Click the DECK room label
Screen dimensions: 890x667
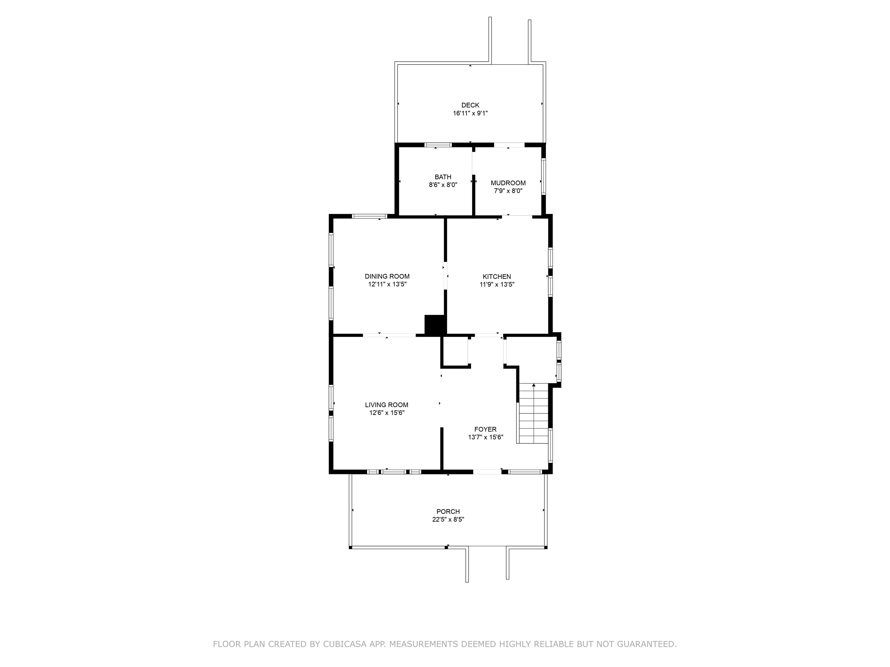pyautogui.click(x=470, y=105)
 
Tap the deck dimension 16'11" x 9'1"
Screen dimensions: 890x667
pyautogui.click(x=470, y=113)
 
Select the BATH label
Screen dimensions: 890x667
pyautogui.click(x=443, y=177)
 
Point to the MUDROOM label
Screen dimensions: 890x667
pyautogui.click(x=508, y=183)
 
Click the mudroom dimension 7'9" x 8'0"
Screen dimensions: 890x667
pyautogui.click(x=508, y=191)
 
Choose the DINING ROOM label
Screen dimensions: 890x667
pyautogui.click(x=387, y=276)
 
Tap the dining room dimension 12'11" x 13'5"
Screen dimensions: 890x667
pyautogui.click(x=387, y=284)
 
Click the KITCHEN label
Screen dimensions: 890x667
pyautogui.click(x=497, y=276)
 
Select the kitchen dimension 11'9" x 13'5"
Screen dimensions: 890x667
pyautogui.click(x=497, y=284)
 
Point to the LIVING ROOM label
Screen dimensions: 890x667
pyautogui.click(x=387, y=405)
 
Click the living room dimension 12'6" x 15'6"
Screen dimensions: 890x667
pyautogui.click(x=387, y=413)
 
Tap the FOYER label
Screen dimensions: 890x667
pyautogui.click(x=485, y=429)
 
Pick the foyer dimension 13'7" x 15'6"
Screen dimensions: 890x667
pyautogui.click(x=485, y=437)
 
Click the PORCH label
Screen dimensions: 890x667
pyautogui.click(x=448, y=512)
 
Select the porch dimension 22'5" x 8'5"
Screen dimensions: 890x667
pyautogui.click(x=448, y=519)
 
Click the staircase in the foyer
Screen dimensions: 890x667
pyautogui.click(x=533, y=413)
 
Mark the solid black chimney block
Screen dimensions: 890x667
pyautogui.click(x=435, y=325)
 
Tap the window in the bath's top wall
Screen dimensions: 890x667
pyautogui.click(x=439, y=145)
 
